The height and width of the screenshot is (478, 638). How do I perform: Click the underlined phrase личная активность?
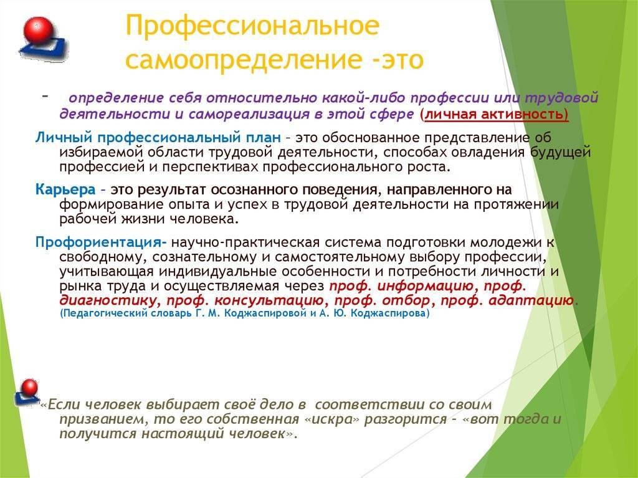[495, 115]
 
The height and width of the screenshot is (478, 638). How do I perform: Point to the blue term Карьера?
[65, 189]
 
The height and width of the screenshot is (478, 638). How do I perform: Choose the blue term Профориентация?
[98, 242]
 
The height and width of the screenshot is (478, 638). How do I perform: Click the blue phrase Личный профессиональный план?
[158, 138]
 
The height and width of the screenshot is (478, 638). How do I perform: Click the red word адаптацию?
[531, 301]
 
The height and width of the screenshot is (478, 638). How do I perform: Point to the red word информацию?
[425, 286]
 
